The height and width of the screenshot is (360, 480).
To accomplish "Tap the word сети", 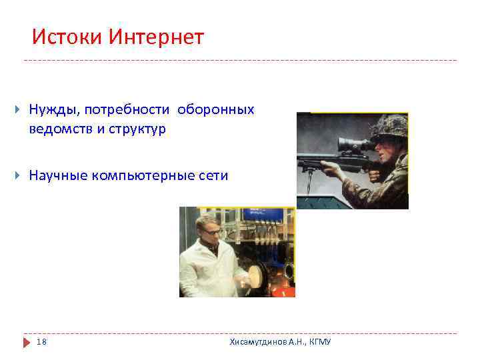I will pos(213,176).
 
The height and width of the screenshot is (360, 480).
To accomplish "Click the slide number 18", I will pos(42,342).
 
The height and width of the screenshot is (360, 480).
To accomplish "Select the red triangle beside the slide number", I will pos(27,342).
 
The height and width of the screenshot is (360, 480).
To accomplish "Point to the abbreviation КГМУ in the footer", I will pos(319,342).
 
